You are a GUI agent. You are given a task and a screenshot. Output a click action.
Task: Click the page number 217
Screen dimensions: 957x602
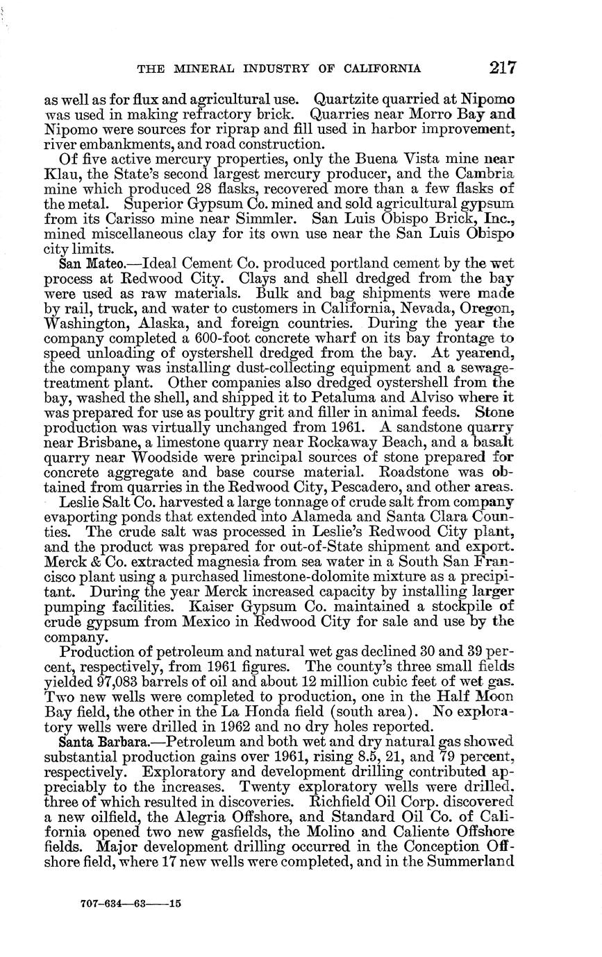point(501,67)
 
